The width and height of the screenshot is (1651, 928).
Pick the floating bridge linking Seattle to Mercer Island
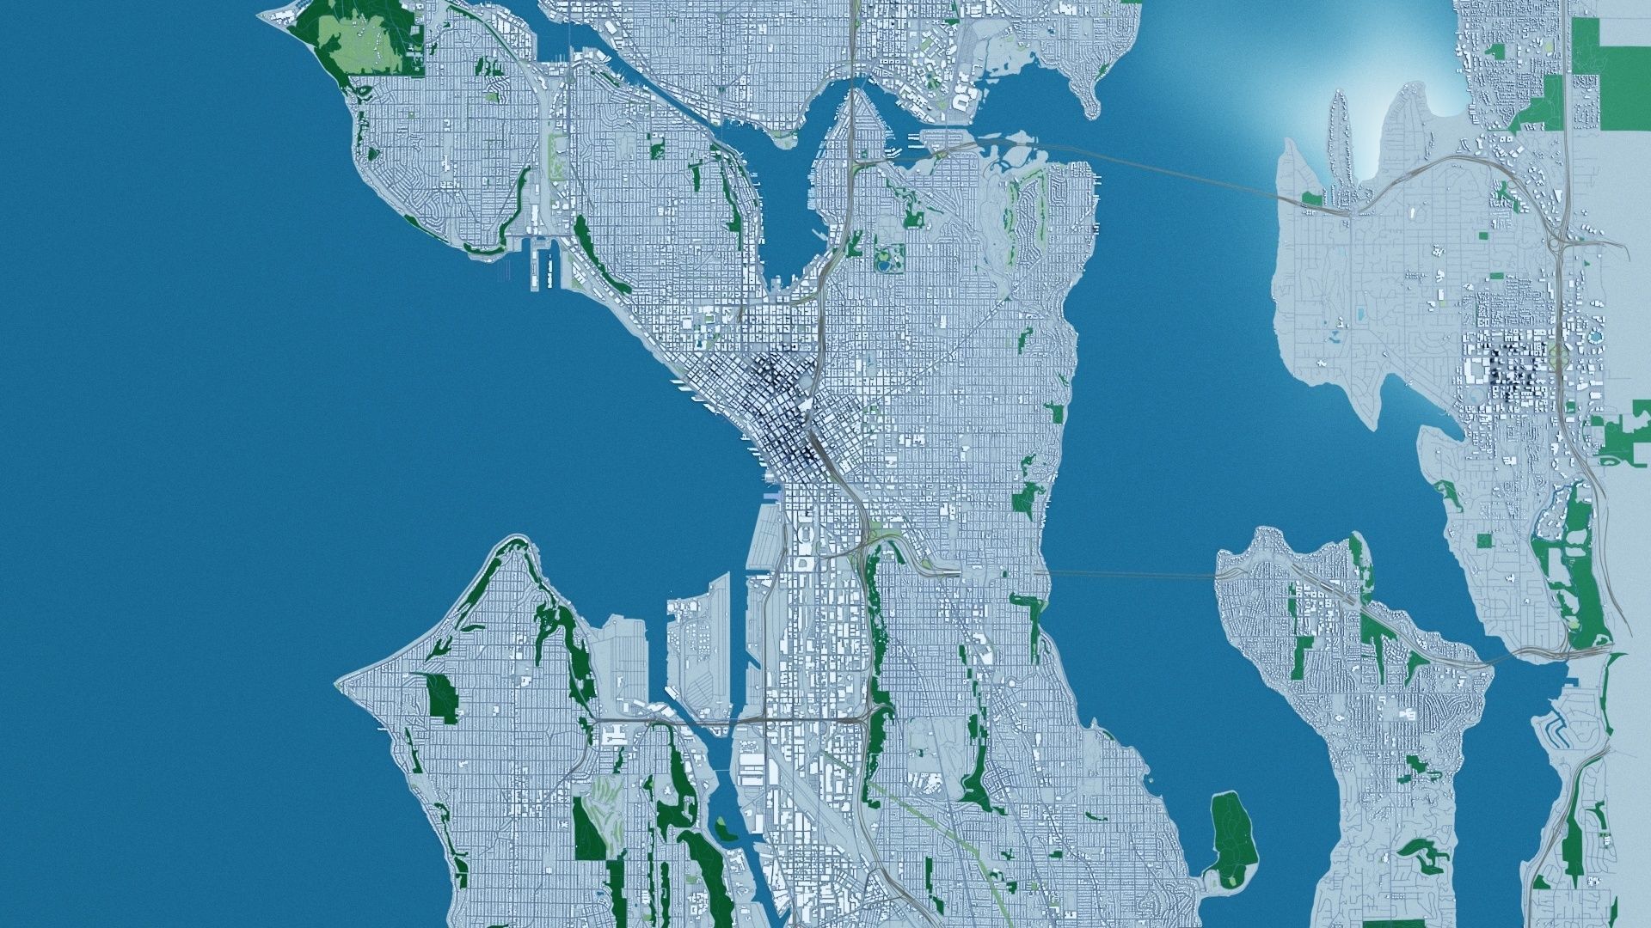[x=1126, y=574]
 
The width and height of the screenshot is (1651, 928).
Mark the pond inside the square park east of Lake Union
[x=886, y=258]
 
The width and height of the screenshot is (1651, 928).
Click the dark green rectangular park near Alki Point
[x=441, y=696]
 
